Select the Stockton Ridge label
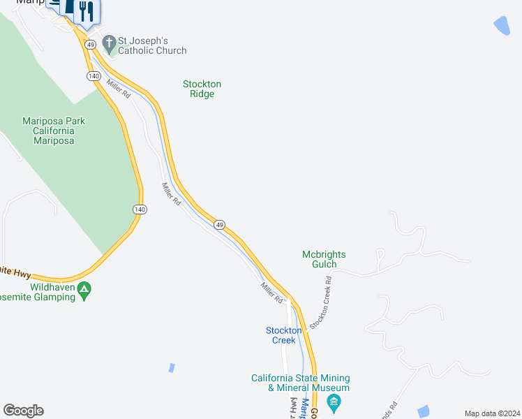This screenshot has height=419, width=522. (x=202, y=89)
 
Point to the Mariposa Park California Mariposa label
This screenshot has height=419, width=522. (x=53, y=131)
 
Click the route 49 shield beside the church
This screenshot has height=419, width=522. (x=90, y=45)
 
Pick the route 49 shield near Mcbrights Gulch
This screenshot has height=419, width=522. (x=219, y=225)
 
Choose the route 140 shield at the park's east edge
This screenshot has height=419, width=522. (x=140, y=209)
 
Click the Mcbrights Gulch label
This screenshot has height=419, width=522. (x=324, y=259)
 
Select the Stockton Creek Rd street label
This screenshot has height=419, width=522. (x=320, y=302)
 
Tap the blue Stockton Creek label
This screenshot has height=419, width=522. (x=283, y=335)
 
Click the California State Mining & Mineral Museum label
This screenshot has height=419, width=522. (x=300, y=383)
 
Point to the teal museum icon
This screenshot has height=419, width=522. (x=334, y=401)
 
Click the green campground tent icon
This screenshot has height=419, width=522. (x=84, y=288)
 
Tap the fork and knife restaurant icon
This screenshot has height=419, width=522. (x=87, y=10)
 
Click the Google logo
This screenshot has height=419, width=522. (x=23, y=411)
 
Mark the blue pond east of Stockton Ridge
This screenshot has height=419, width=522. (x=501, y=27)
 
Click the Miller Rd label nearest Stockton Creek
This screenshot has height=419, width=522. (x=271, y=293)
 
